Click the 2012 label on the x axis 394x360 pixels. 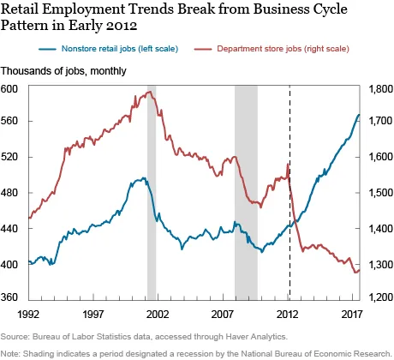(x=289, y=315)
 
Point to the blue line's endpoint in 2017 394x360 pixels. (x=359, y=114)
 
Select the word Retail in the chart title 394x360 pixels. (x=28, y=11)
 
